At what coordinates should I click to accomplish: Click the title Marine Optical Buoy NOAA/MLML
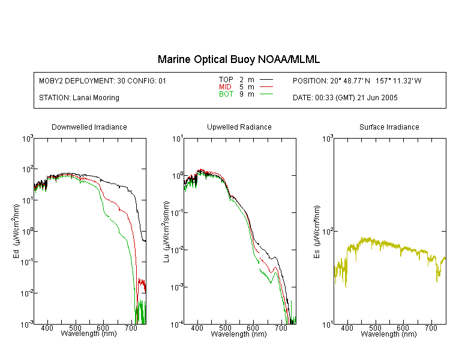(x=238, y=59)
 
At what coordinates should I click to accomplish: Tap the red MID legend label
(x=225, y=86)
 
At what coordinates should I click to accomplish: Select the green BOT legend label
(x=226, y=94)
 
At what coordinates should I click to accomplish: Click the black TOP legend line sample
(x=266, y=80)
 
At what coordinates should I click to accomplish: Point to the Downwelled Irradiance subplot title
(x=89, y=127)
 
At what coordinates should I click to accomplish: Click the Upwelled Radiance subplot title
(x=239, y=127)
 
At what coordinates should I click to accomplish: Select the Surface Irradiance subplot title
(x=389, y=127)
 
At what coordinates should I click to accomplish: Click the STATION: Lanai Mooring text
(x=79, y=98)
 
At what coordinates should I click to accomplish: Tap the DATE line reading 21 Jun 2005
(x=345, y=98)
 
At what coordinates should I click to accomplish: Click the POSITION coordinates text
(x=357, y=80)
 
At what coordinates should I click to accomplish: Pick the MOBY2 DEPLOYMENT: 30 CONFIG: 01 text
(x=103, y=80)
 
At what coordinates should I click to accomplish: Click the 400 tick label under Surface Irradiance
(x=347, y=328)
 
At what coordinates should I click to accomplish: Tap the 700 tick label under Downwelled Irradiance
(x=131, y=328)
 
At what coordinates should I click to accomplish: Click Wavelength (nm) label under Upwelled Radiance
(x=239, y=334)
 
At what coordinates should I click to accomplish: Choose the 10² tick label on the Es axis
(x=328, y=230)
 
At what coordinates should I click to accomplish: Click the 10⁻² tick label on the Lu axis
(x=177, y=250)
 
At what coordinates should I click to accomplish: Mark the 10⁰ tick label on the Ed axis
(x=28, y=230)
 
